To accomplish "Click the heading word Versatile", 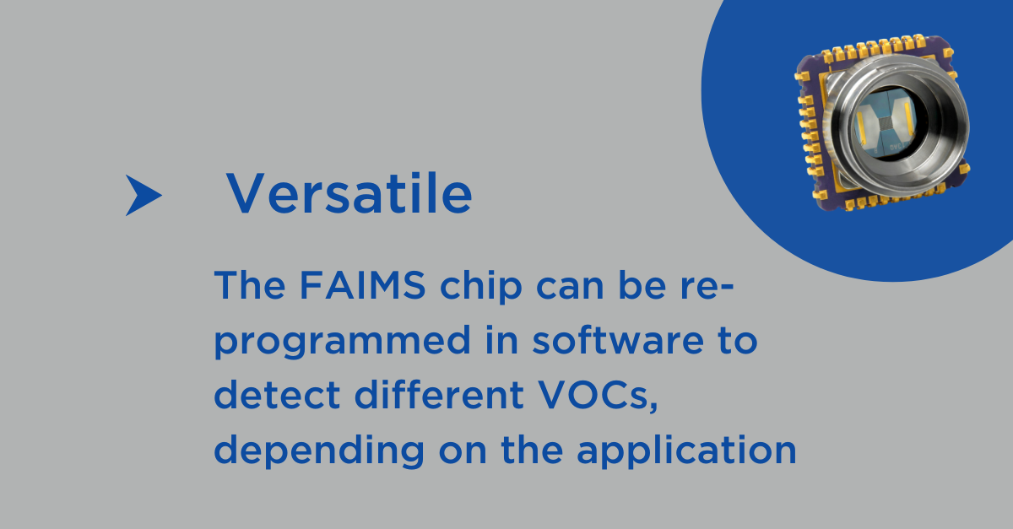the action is (x=349, y=193).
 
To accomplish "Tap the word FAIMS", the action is (x=363, y=285).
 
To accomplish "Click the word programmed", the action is (x=343, y=342).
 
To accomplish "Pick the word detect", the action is (x=277, y=395).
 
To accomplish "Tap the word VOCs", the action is (x=599, y=396).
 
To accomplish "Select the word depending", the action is (x=319, y=451).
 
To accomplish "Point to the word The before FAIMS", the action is (x=250, y=285).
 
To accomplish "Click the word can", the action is (x=570, y=289).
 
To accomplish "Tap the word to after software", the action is (x=738, y=341).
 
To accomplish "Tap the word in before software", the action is (x=501, y=340).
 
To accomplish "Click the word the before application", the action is (x=532, y=450).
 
